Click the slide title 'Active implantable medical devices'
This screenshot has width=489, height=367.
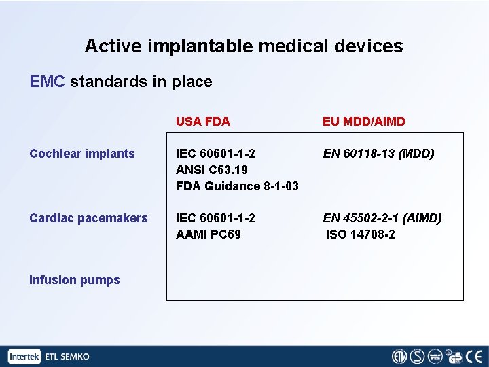coord(244,46)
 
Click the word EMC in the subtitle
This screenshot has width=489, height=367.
coord(47,82)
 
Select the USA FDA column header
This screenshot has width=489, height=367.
coord(202,122)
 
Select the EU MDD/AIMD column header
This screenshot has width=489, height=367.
coord(363,122)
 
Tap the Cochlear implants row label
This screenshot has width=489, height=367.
coord(82,154)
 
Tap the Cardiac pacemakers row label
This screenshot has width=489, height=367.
coord(88,218)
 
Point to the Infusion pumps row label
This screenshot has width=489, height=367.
coord(75,280)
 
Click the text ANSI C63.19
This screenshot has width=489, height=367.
coord(211,170)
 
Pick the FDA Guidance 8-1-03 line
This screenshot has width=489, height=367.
coord(237,186)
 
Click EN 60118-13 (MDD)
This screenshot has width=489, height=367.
coord(378,154)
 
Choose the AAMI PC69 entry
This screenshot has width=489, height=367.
coord(208,234)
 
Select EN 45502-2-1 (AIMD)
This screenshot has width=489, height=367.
coord(382,218)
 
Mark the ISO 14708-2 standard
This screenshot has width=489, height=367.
coord(361,234)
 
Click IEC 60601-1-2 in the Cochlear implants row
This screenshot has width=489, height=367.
coord(215,154)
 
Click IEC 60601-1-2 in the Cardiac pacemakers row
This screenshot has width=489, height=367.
coord(215,218)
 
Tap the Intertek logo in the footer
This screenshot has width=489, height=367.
coord(25,357)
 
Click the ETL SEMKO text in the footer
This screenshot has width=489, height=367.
coord(67,357)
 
